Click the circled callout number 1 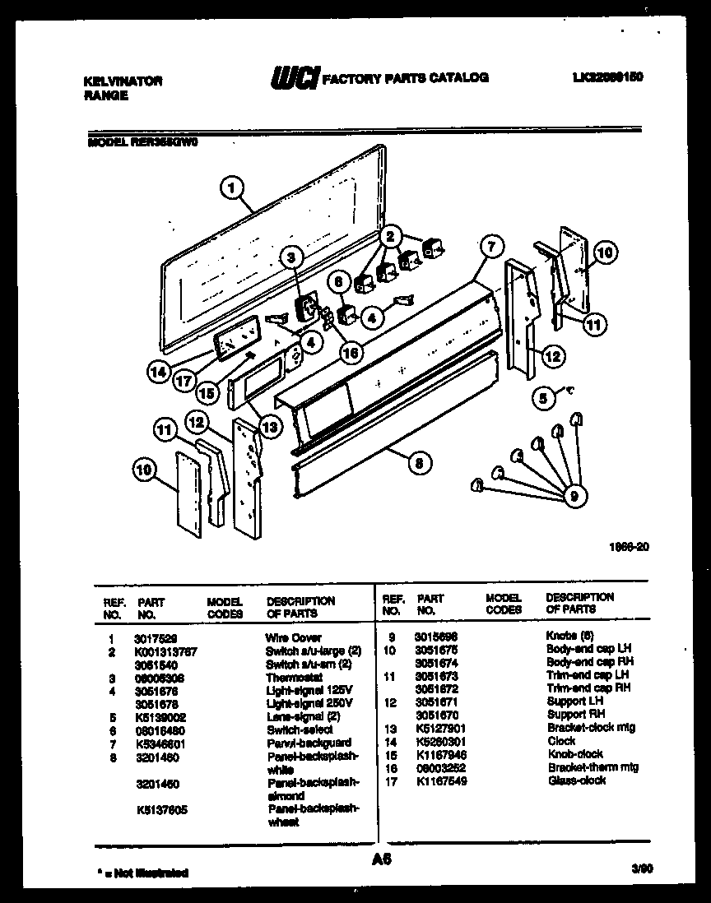point(232,188)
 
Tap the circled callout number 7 point(490,245)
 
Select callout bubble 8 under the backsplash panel point(419,464)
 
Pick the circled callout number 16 point(351,352)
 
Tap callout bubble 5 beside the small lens point(541,397)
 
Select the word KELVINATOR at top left point(123,81)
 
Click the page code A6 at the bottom point(381,859)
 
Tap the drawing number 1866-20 point(625,545)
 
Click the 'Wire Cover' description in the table point(293,637)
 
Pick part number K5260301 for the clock point(439,741)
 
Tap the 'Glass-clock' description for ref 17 point(576,780)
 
